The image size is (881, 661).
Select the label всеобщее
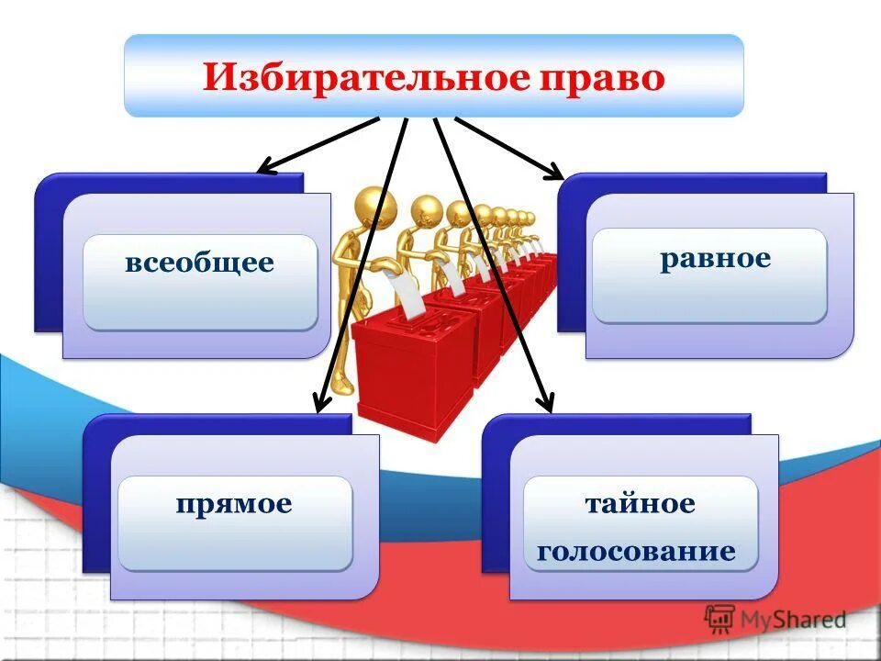(x=199, y=263)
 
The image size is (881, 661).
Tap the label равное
(x=715, y=257)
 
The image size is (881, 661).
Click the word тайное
(x=641, y=503)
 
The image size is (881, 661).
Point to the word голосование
(x=637, y=551)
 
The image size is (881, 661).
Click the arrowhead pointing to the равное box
(x=555, y=172)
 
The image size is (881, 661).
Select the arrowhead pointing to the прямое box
(x=321, y=404)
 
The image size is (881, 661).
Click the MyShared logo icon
(x=719, y=619)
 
